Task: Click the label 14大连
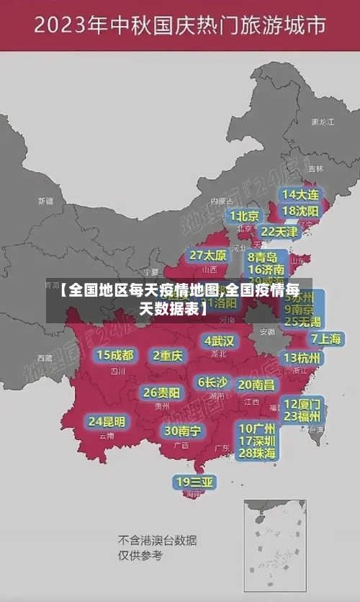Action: pyautogui.click(x=300, y=195)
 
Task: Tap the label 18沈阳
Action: pyautogui.click(x=300, y=211)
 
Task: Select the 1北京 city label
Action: pyautogui.click(x=245, y=216)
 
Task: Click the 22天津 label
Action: pyautogui.click(x=279, y=232)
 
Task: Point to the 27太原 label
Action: pyautogui.click(x=208, y=256)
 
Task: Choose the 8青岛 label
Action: pyautogui.click(x=263, y=257)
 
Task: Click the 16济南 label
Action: pyautogui.click(x=266, y=270)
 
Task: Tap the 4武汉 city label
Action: pyautogui.click(x=219, y=341)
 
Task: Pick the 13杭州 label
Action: pyautogui.click(x=302, y=358)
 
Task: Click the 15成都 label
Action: pyautogui.click(x=115, y=355)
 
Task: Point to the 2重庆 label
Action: pyautogui.click(x=168, y=355)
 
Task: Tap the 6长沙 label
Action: pyautogui.click(x=212, y=382)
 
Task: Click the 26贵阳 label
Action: pyautogui.click(x=162, y=393)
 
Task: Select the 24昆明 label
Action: pyautogui.click(x=107, y=421)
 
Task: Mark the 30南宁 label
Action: pyautogui.click(x=182, y=431)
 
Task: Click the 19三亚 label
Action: pyautogui.click(x=194, y=482)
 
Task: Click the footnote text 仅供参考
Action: pyautogui.click(x=140, y=556)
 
